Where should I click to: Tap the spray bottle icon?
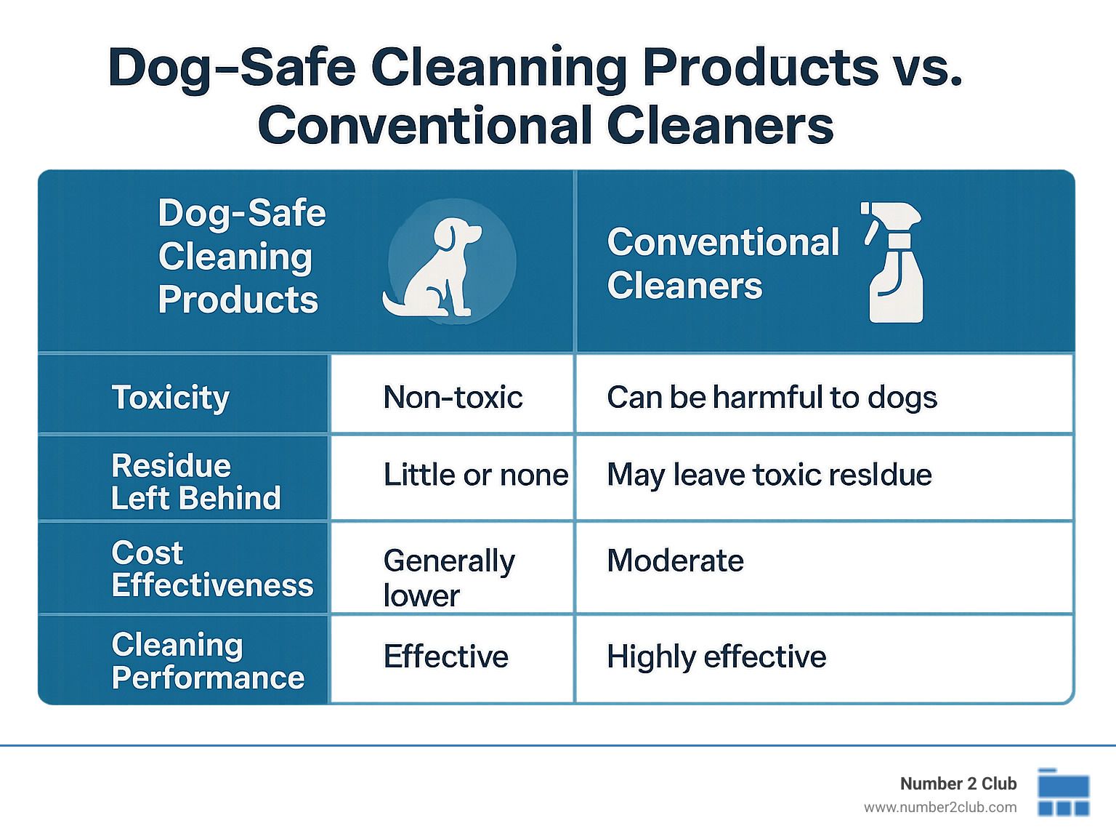click(x=893, y=262)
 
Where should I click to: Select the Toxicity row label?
click(x=170, y=398)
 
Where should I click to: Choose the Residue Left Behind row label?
click(x=195, y=481)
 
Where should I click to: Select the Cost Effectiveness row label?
click(x=213, y=569)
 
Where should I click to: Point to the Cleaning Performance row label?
click(x=208, y=661)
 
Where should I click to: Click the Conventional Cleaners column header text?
click(x=723, y=263)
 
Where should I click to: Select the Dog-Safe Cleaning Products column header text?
click(x=241, y=256)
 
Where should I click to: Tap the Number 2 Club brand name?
click(x=958, y=783)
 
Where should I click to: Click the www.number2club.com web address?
click(x=940, y=808)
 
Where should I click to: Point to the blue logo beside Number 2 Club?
click(x=1063, y=792)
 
